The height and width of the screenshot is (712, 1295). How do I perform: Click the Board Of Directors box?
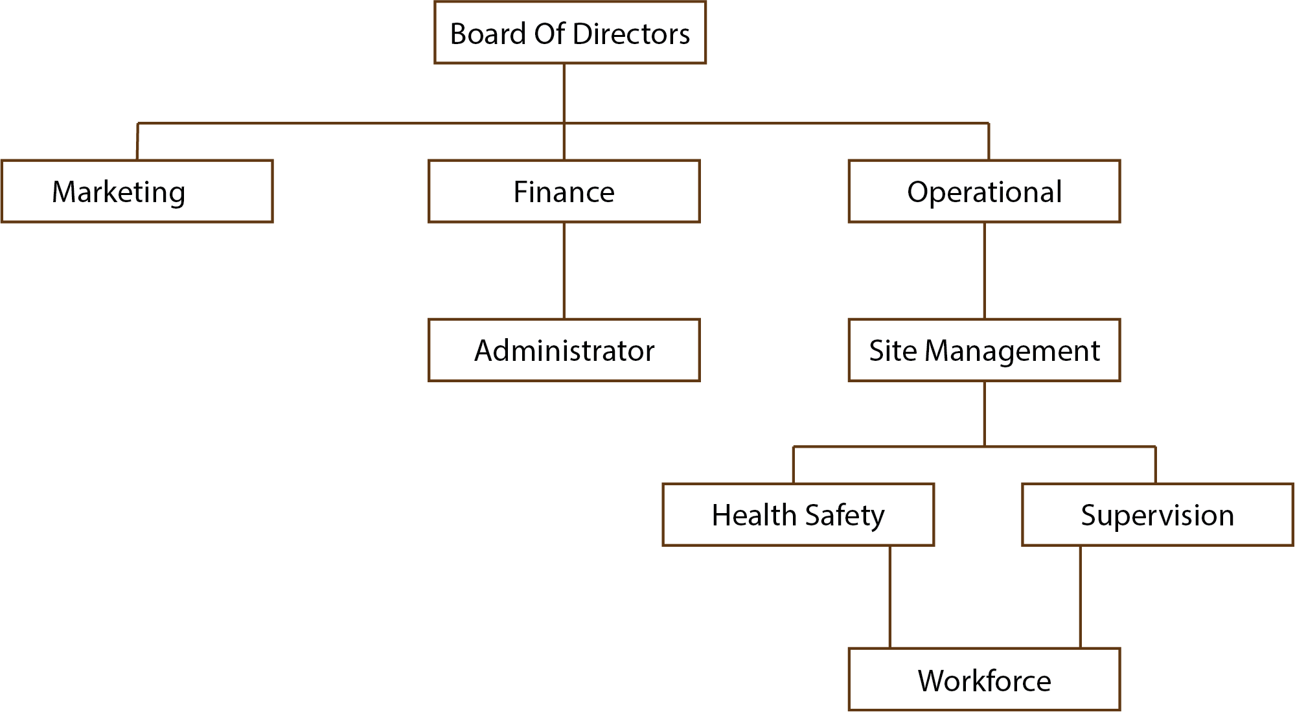tap(570, 32)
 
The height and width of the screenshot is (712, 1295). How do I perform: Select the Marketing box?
tap(137, 191)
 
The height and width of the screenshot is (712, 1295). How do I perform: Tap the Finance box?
tap(564, 191)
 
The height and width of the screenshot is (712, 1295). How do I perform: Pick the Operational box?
tap(984, 191)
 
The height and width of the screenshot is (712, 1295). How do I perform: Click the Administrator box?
tap(564, 350)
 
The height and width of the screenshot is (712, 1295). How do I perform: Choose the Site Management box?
tap(984, 350)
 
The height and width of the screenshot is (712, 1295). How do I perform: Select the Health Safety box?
tap(798, 514)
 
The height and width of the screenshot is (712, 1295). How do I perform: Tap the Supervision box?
tap(1158, 514)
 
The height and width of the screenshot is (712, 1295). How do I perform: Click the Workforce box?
tap(984, 680)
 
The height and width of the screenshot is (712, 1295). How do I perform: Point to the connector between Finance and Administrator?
tap(564, 270)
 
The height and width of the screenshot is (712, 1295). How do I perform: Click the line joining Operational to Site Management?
tap(984, 270)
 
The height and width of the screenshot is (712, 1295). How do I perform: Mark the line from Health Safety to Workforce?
tap(889, 597)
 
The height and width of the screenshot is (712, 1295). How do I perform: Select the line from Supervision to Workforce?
tap(1080, 597)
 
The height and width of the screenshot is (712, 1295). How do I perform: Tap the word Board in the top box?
tap(488, 34)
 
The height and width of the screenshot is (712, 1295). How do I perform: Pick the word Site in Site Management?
tap(892, 350)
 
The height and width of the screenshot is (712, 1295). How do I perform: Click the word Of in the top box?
tap(549, 34)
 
